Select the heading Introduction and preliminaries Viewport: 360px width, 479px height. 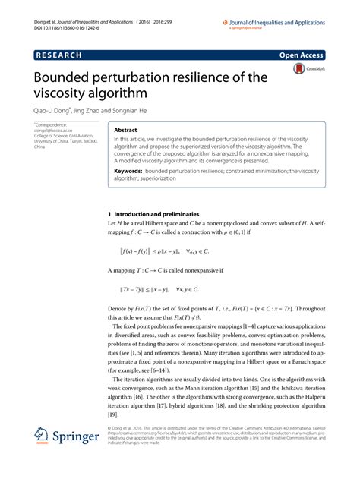coord(170,216)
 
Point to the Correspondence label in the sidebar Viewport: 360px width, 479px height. coord(51,124)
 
